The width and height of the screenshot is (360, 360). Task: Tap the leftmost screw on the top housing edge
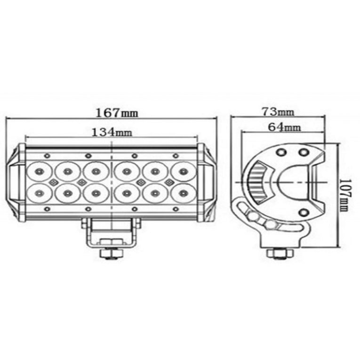[46, 155]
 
